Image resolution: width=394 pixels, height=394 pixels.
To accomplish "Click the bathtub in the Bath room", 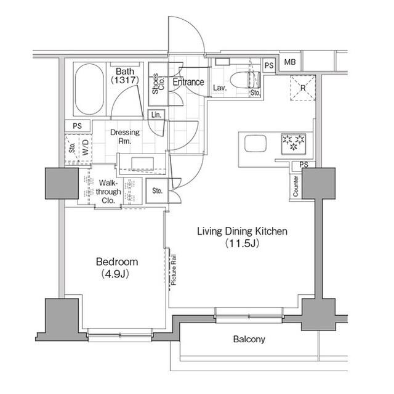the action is pos(89,89).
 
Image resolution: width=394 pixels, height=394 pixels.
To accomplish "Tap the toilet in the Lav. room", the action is pos(245,80).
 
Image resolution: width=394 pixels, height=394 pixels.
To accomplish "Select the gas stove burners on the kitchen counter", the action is pos(293,144).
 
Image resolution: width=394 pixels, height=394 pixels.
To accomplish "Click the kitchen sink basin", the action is pos(255,144).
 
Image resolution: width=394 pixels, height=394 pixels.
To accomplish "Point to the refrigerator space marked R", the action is pos(303,88).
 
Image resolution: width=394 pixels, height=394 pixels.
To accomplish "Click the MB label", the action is pos(290,62).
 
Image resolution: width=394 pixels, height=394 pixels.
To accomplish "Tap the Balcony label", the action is pos(249,339).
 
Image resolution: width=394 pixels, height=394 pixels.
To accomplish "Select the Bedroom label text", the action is pos(117,262).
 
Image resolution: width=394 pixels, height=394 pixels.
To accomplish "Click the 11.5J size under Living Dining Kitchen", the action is pos(242,244).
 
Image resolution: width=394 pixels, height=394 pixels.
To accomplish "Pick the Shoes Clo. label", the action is pos(158,84).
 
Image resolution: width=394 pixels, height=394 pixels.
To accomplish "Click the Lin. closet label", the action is pos(156,115).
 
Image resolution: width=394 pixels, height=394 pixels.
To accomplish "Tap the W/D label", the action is pos(86,147).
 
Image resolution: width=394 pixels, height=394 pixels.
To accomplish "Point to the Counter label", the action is pos(295,186).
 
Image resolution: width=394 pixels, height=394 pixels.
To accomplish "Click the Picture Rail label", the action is pos(174,270).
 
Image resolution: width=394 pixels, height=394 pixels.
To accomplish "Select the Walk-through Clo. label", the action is pos(108,192).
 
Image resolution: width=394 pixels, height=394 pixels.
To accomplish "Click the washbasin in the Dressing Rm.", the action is pos(142,163).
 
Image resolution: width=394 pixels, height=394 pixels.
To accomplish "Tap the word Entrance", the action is pos(188,82).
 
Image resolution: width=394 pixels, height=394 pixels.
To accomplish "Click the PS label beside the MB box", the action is pos(269,65).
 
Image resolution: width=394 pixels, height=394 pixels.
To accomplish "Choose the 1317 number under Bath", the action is pos(125,80).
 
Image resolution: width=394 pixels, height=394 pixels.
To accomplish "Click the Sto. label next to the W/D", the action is pos(73,148).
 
